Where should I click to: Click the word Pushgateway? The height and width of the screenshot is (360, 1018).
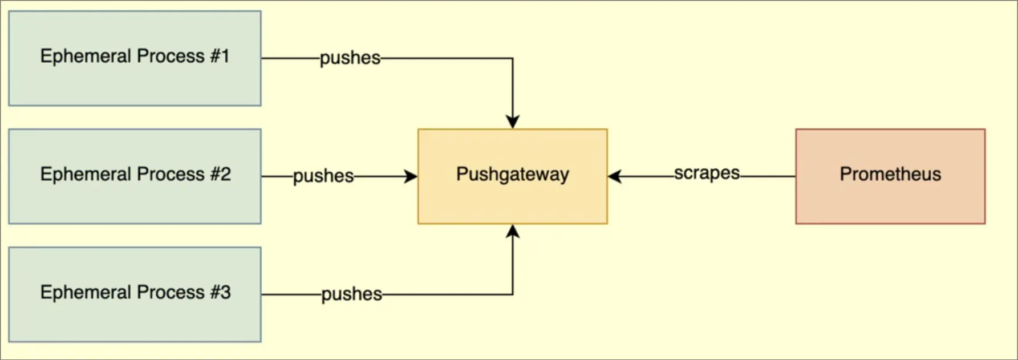tap(512, 174)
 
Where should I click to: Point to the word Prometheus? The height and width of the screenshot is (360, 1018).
tap(890, 174)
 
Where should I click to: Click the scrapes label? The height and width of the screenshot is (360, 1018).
tap(707, 173)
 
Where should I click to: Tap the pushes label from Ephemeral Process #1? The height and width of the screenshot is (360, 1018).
tap(350, 58)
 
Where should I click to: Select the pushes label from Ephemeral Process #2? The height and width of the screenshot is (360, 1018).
tap(323, 176)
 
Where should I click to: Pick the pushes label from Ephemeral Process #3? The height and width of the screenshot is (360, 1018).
tap(351, 294)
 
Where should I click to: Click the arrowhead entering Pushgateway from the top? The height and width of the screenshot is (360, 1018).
tap(512, 122)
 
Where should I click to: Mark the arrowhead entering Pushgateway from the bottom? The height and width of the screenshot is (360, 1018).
tap(512, 231)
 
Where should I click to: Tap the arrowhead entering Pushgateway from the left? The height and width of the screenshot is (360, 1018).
tap(411, 176)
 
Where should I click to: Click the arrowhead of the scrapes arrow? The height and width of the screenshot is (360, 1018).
tap(615, 176)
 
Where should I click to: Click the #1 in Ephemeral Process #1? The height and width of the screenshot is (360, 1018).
tap(220, 56)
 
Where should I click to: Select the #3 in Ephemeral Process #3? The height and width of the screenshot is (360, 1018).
tap(220, 292)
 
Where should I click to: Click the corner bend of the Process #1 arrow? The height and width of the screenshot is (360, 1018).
tap(512, 58)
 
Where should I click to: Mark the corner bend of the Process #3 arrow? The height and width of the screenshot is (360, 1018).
tap(512, 294)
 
